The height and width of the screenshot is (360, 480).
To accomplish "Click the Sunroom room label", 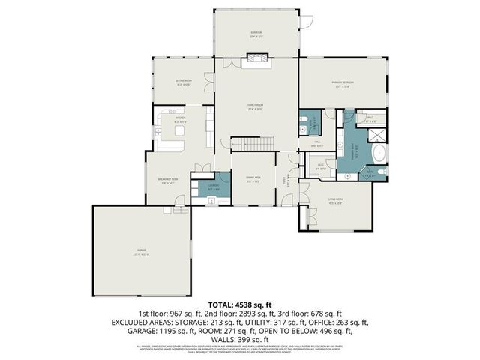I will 256,33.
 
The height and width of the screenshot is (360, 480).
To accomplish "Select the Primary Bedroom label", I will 343,83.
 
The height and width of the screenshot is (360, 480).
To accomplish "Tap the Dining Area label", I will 253,179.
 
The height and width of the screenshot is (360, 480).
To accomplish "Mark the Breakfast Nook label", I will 167,180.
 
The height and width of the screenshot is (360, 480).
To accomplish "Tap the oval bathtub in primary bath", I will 379,155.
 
